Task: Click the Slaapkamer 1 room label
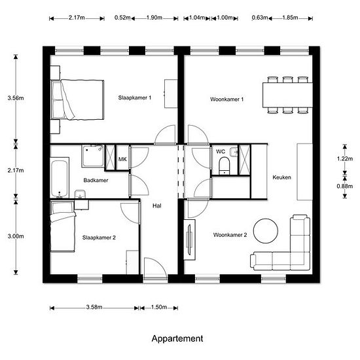click(x=135, y=98)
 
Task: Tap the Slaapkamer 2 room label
click(x=99, y=238)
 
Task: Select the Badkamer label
click(x=96, y=180)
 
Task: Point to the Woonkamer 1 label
click(x=227, y=99)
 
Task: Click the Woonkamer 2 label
click(x=230, y=235)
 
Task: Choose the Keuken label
click(x=281, y=177)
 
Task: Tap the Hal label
click(x=157, y=206)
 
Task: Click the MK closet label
click(x=122, y=159)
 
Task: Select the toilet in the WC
click(x=225, y=166)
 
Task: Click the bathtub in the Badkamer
click(x=60, y=177)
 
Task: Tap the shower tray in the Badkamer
click(x=93, y=156)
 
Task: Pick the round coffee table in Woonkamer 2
click(x=266, y=231)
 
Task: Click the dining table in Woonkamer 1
click(x=287, y=95)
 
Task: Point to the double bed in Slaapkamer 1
click(x=77, y=99)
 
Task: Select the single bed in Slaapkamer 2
click(x=63, y=226)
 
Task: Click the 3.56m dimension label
click(x=16, y=98)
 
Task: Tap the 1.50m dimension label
click(x=159, y=307)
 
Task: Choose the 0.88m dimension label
click(x=345, y=186)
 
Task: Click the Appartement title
click(x=177, y=338)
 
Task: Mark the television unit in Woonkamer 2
click(x=190, y=240)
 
